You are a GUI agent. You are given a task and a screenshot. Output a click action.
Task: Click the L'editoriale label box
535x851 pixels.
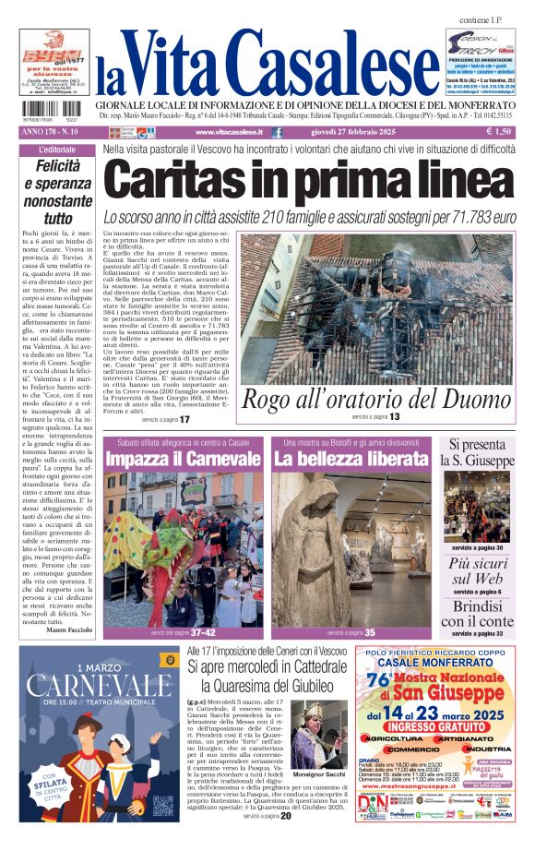tap(57, 150)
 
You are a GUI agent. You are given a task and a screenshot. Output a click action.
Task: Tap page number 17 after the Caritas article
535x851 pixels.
tap(184, 419)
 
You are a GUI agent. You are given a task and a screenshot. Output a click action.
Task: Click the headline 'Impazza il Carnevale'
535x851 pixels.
tap(183, 459)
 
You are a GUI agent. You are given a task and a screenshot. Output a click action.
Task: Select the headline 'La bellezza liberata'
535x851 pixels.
tap(351, 459)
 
